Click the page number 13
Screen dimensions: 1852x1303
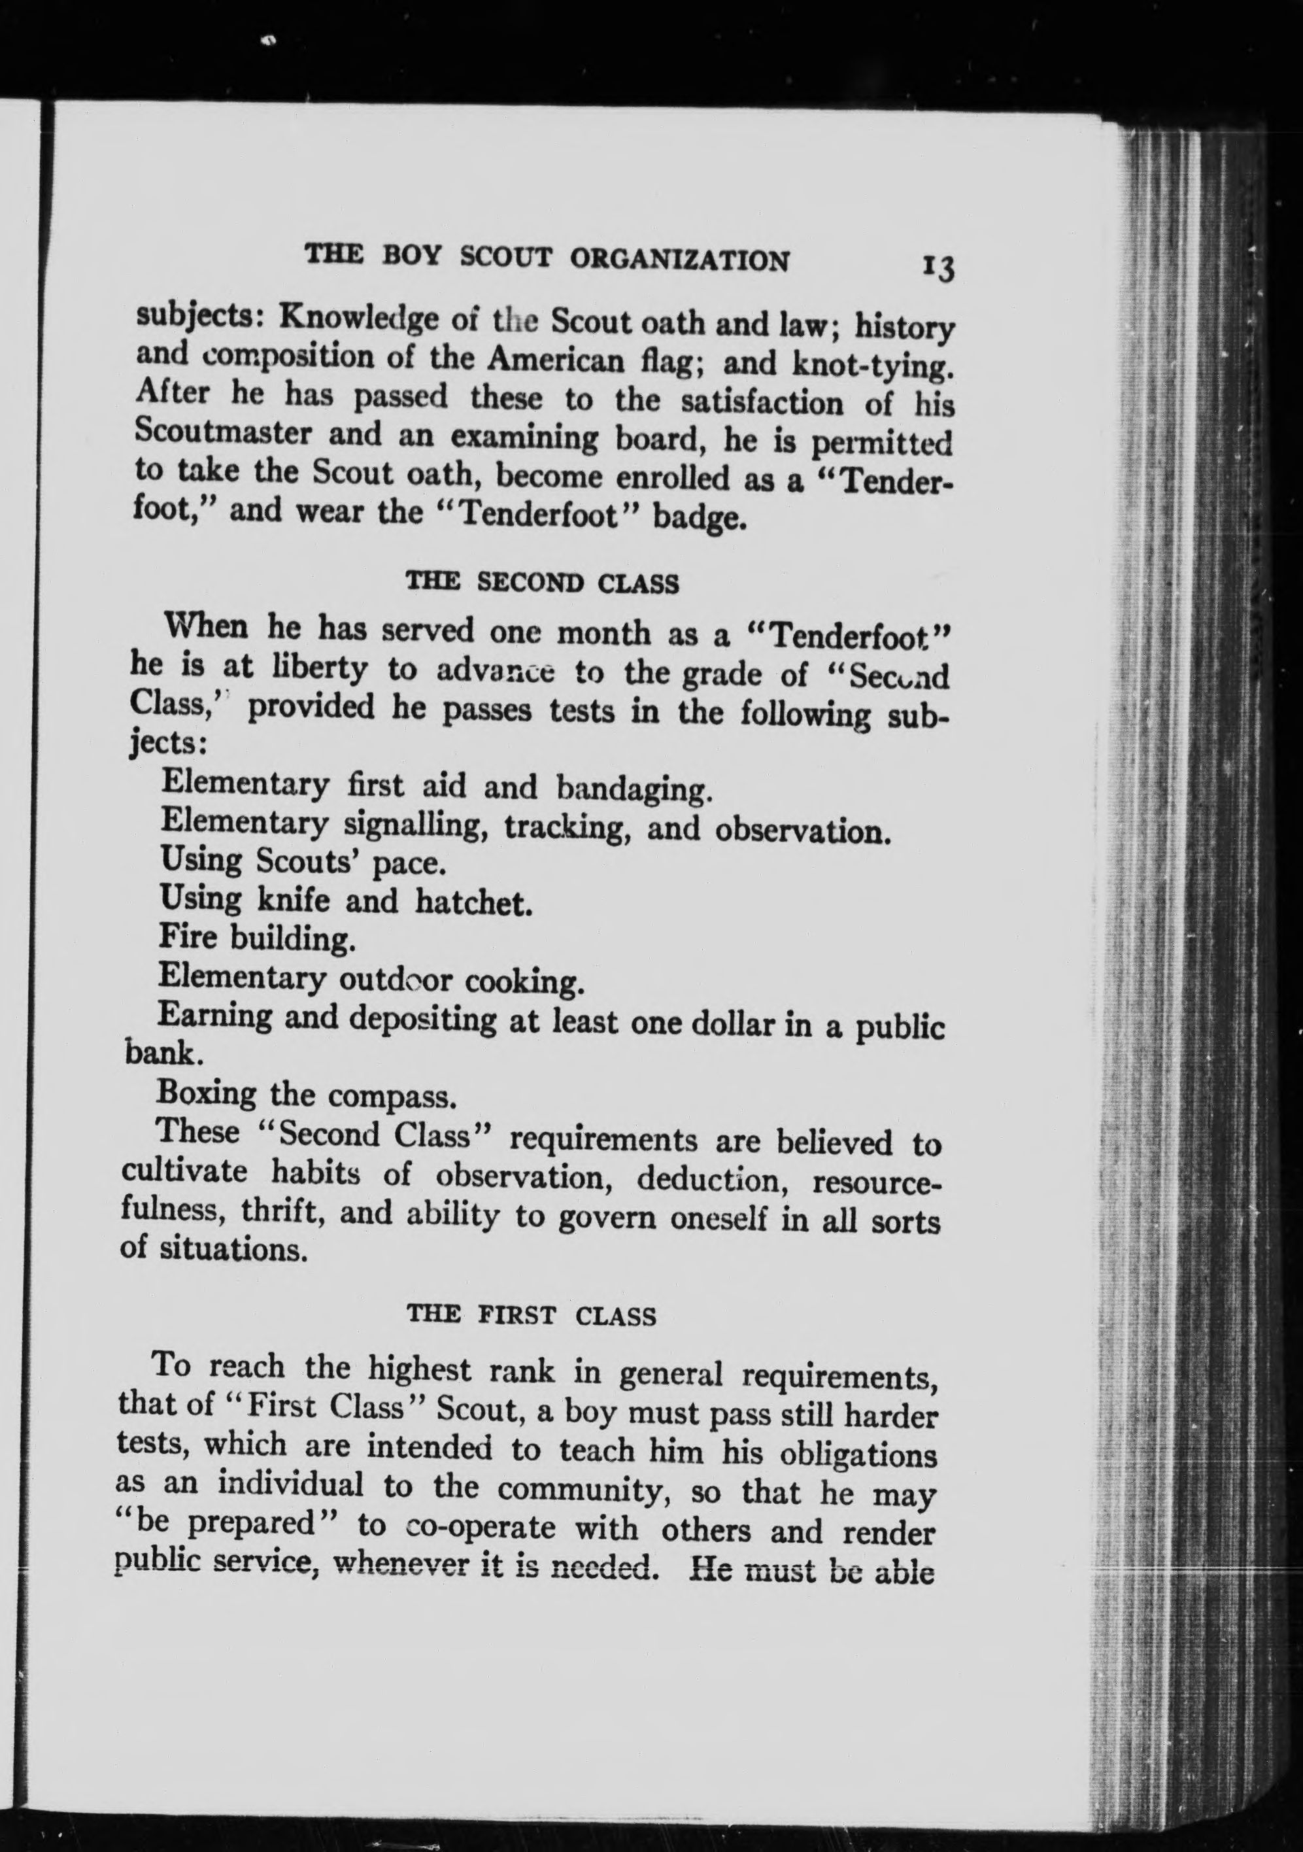pyautogui.click(x=937, y=266)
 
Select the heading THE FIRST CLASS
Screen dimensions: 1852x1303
pyautogui.click(x=532, y=1316)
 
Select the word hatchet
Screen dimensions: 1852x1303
pyautogui.click(x=473, y=902)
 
